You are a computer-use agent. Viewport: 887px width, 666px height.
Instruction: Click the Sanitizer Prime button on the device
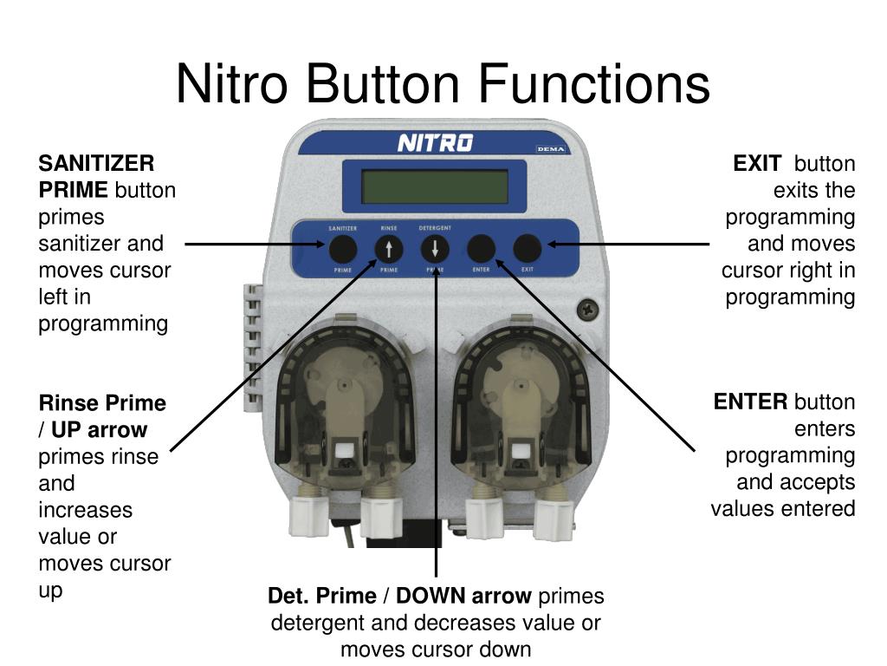point(343,250)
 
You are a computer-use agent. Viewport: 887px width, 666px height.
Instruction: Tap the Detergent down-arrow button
point(435,250)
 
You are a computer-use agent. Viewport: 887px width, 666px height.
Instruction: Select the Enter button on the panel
point(481,250)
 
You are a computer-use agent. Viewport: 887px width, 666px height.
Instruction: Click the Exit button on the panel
point(527,250)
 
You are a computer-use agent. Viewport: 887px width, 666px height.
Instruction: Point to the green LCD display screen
point(434,186)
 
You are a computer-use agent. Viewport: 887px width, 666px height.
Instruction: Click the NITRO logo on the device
point(435,142)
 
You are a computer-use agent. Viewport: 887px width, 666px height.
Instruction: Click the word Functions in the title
point(594,85)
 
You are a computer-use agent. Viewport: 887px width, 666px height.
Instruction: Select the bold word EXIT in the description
point(757,164)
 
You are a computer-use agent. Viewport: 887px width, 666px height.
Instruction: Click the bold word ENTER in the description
point(751,402)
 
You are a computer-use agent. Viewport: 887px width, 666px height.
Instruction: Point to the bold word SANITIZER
point(96,164)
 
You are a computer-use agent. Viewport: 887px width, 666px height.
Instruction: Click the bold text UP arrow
point(99,430)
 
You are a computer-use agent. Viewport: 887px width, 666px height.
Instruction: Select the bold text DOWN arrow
point(464,597)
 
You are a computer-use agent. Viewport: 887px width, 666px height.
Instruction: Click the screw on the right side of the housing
point(589,307)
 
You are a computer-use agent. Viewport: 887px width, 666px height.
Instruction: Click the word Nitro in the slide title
point(231,85)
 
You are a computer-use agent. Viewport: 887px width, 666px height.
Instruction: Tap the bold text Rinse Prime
point(102,403)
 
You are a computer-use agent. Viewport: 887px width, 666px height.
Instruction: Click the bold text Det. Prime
point(321,597)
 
